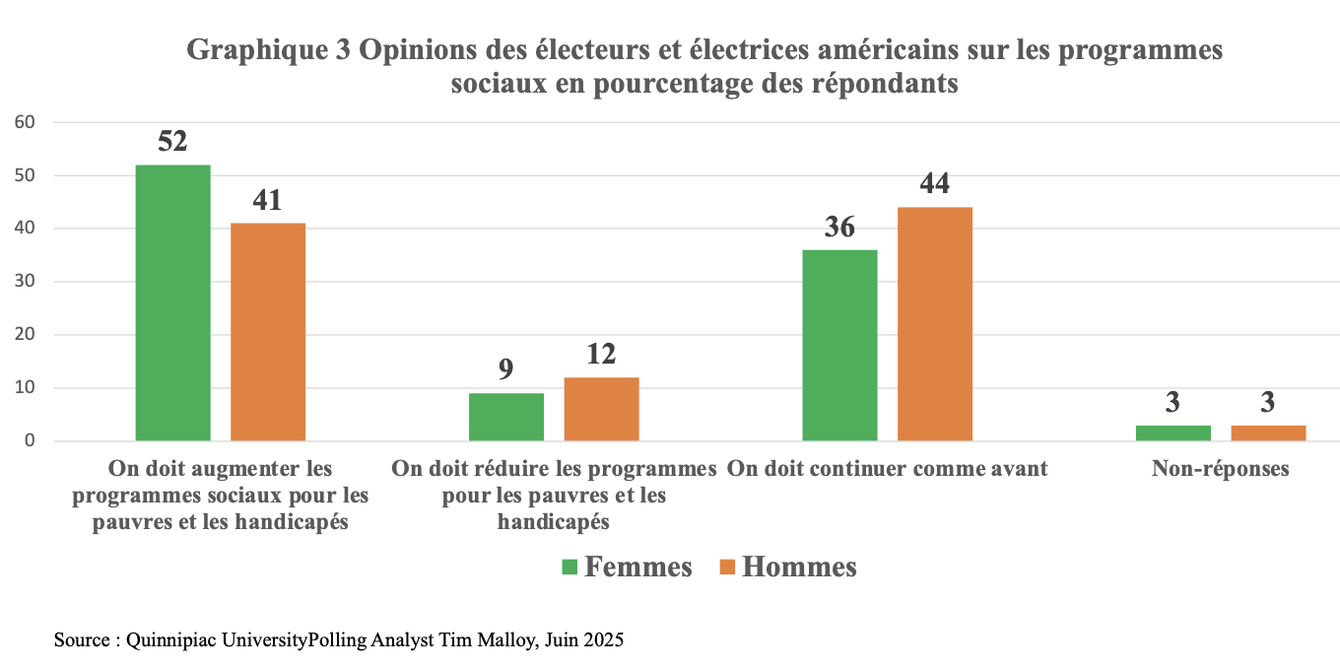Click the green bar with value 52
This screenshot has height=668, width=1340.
[x=172, y=302]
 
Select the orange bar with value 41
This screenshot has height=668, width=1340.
[x=268, y=332]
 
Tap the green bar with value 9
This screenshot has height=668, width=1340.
[x=505, y=417]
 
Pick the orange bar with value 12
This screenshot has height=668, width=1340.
[x=601, y=409]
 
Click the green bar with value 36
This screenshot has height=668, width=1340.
[x=839, y=345]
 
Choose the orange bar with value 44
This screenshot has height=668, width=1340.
[x=934, y=324]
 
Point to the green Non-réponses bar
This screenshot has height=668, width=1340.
[x=1172, y=433]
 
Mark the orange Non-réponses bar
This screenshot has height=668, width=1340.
[x=1268, y=433]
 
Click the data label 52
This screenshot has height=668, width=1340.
[x=172, y=142]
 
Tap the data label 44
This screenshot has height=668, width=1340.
[x=934, y=184]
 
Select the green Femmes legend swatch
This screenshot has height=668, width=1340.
[x=569, y=568]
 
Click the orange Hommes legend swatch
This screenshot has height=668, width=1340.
[x=727, y=568]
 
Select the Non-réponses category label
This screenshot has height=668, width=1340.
[x=1220, y=469]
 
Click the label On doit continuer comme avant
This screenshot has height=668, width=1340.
[x=887, y=469]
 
